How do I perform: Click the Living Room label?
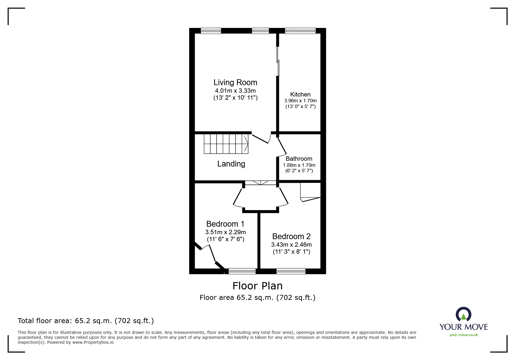click(x=235, y=83)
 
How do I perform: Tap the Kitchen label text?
click(x=300, y=94)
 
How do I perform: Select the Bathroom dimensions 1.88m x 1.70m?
click(x=299, y=165)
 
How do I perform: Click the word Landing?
click(x=231, y=164)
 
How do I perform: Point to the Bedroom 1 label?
click(x=225, y=224)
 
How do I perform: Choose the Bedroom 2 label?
click(x=291, y=237)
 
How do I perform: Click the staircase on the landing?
click(x=226, y=144)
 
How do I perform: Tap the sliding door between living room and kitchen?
click(x=278, y=61)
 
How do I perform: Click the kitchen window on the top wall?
click(x=300, y=31)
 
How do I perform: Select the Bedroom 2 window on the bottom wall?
click(x=291, y=271)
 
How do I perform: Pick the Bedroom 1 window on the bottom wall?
click(x=242, y=271)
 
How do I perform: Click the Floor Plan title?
click(x=257, y=286)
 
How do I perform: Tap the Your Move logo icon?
click(x=463, y=315)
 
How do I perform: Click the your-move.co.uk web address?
click(x=464, y=335)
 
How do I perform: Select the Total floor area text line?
click(x=86, y=321)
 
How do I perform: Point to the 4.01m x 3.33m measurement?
click(x=235, y=91)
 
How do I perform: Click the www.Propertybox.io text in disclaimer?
click(x=93, y=342)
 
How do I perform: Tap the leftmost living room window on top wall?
click(x=211, y=31)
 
